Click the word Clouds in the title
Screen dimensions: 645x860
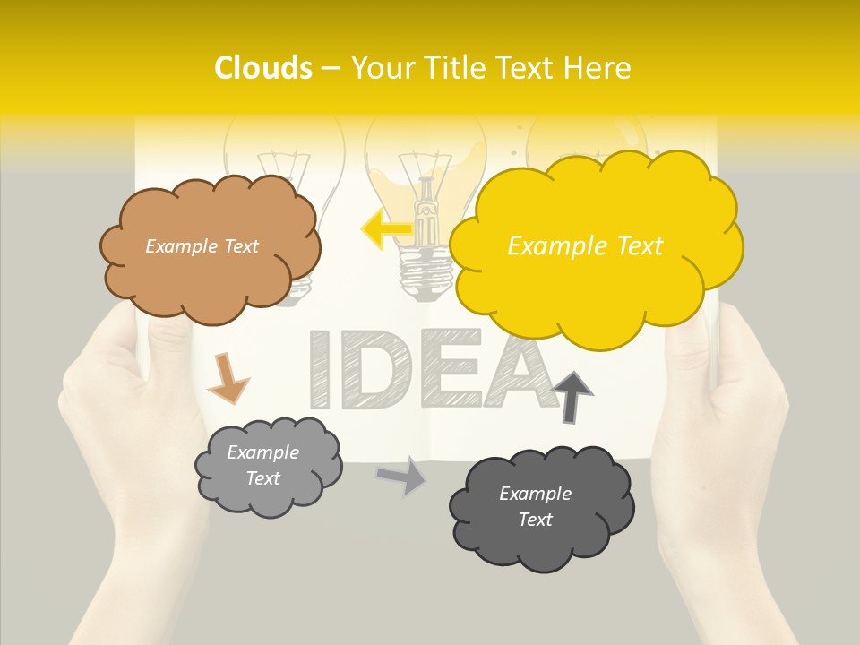(x=263, y=68)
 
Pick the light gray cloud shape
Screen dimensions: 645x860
(x=269, y=497)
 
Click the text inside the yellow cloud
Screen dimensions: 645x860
(x=585, y=245)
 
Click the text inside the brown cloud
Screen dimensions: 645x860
(x=202, y=245)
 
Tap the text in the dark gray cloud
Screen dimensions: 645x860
(x=535, y=506)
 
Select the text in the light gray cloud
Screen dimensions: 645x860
(x=262, y=465)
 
